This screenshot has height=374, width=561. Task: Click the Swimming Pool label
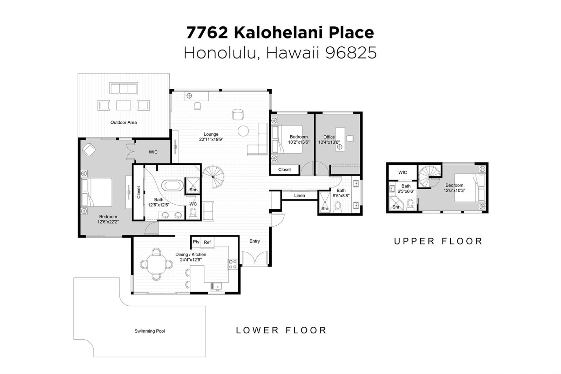(149, 331)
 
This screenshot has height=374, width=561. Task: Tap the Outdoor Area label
(123, 122)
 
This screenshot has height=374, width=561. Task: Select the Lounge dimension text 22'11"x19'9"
(211, 140)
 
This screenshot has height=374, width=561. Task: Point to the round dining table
(156, 264)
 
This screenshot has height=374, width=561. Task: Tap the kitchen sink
(216, 286)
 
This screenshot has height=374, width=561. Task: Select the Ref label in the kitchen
(207, 242)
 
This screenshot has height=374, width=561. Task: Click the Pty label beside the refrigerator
(196, 242)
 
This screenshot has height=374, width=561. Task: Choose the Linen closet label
(299, 196)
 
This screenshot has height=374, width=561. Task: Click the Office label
(329, 137)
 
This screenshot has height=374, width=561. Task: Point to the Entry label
(255, 241)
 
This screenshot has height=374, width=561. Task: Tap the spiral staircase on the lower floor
(213, 177)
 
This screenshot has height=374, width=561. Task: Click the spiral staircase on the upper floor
(429, 177)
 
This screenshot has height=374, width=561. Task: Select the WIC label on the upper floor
(403, 172)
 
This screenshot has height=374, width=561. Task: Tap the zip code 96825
(351, 53)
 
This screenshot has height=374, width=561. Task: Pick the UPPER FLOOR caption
(438, 241)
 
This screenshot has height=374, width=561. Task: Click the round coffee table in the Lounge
(243, 131)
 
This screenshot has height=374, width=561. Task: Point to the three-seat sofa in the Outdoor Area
(123, 88)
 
